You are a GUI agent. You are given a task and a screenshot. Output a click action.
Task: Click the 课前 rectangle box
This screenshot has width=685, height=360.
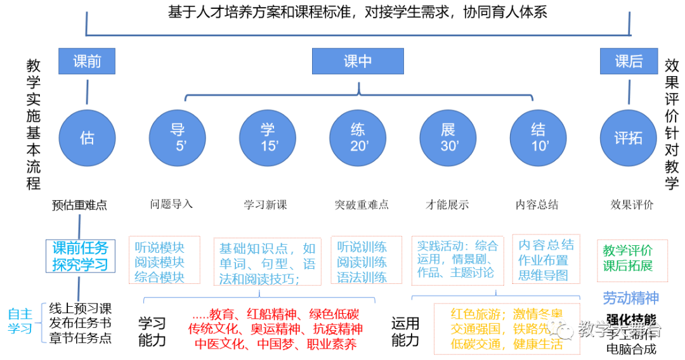[87, 61]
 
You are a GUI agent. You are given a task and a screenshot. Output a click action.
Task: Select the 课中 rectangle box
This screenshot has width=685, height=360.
[358, 61]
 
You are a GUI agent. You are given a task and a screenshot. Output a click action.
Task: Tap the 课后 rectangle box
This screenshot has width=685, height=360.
[629, 61]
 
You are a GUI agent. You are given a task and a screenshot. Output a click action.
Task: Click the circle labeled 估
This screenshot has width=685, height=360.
[87, 138]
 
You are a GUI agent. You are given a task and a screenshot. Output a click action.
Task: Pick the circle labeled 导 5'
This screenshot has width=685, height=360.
[177, 138]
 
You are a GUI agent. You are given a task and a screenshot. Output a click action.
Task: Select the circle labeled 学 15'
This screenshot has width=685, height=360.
[268, 138]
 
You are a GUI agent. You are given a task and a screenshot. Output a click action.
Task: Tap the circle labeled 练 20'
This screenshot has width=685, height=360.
[358, 138]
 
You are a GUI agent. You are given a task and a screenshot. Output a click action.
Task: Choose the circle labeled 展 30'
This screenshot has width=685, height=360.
[448, 138]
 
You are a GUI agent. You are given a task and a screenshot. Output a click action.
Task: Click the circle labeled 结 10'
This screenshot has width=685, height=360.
[538, 138]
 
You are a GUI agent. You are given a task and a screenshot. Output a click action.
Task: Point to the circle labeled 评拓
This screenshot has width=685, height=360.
[629, 138]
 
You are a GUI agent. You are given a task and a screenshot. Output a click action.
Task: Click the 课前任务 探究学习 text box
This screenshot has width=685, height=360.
[81, 256]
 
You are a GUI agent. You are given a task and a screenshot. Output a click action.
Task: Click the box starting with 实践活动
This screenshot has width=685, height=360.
[457, 260]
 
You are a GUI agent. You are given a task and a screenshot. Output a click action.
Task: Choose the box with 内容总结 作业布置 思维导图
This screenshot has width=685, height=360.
[546, 259]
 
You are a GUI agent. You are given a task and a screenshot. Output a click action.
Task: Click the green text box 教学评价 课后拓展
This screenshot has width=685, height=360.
[632, 260]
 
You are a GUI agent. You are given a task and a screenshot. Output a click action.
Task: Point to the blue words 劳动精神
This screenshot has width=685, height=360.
[630, 298]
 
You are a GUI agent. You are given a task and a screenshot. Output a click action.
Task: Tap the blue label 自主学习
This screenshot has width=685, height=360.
[20, 321]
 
